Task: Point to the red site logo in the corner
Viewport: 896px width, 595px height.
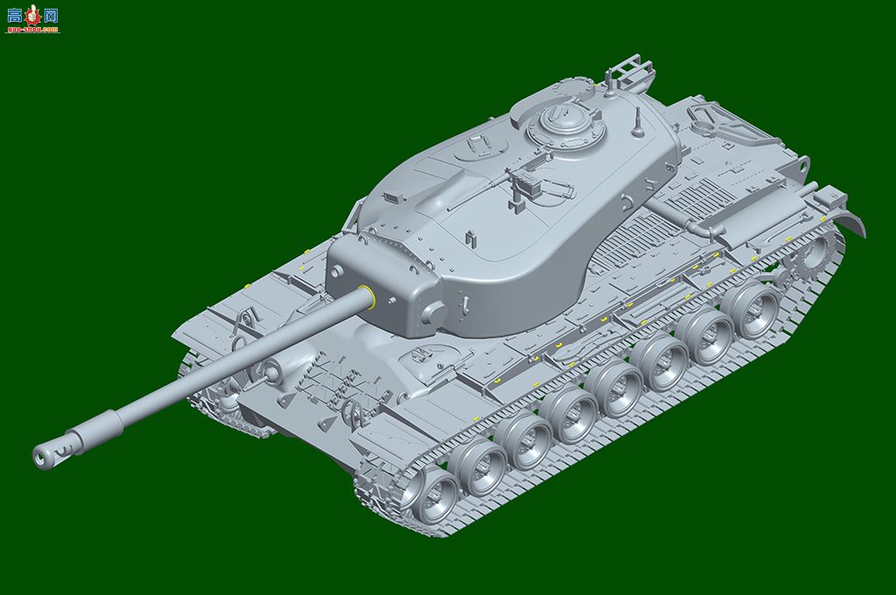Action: click(x=32, y=17)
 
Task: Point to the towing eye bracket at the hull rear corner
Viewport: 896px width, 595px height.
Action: click(x=801, y=164)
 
